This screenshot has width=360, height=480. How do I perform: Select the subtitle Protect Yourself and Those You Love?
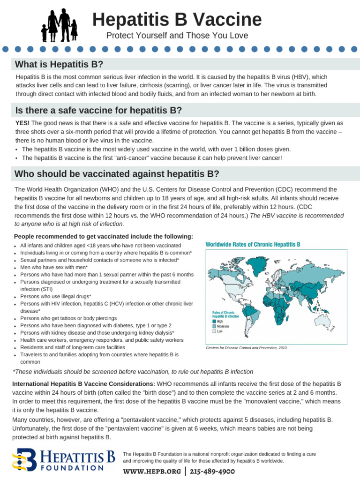click(x=177, y=36)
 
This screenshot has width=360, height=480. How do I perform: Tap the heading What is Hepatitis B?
click(x=59, y=64)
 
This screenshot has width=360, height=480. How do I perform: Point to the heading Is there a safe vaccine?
click(x=98, y=111)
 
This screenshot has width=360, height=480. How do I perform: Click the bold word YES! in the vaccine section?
click(x=22, y=123)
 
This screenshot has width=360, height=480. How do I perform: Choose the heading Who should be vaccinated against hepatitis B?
click(x=117, y=174)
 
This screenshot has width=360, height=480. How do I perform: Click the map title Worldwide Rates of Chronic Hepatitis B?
click(x=253, y=244)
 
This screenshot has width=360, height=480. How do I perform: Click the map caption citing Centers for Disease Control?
click(x=246, y=348)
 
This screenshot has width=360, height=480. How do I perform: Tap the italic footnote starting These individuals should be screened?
click(x=134, y=372)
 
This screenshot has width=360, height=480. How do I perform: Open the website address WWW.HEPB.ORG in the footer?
click(x=152, y=471)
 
